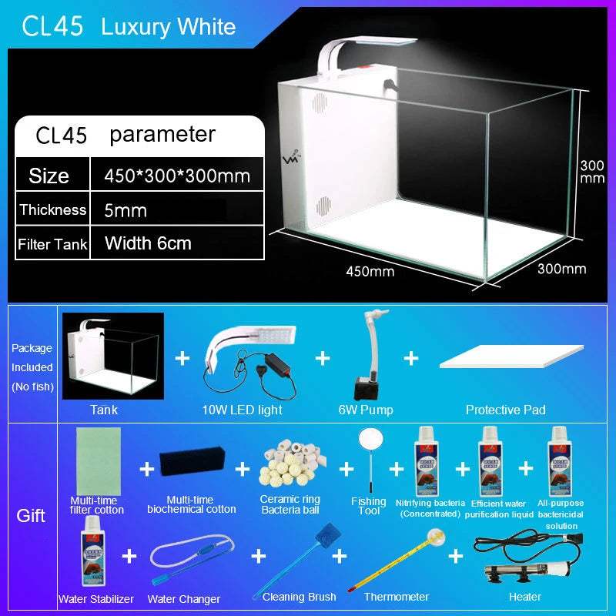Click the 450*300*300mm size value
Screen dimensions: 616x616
(x=177, y=176)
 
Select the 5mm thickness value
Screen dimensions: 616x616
(x=126, y=210)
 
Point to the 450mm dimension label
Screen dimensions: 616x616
(x=370, y=271)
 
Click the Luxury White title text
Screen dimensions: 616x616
(x=168, y=27)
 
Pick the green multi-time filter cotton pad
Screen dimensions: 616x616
(x=99, y=461)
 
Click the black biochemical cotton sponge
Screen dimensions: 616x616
(x=192, y=460)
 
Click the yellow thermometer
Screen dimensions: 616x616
(x=397, y=560)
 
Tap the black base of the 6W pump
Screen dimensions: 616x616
(x=364, y=388)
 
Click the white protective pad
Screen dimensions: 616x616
(x=511, y=357)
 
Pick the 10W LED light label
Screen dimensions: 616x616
(x=242, y=410)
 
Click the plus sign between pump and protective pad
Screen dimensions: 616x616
(x=411, y=358)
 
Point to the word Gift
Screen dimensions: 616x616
(x=31, y=515)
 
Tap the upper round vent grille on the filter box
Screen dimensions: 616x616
(x=320, y=102)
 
